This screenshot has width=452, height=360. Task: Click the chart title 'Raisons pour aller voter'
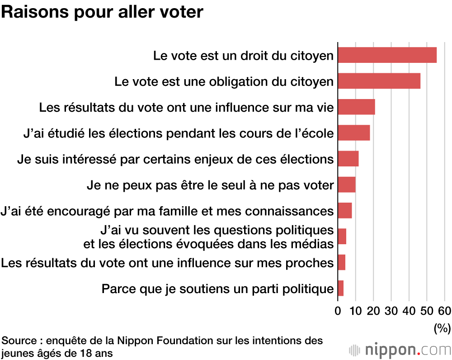coord(102,12)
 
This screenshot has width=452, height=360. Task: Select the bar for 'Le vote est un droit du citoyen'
coord(387,55)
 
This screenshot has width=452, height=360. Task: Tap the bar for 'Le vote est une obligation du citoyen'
coord(379,81)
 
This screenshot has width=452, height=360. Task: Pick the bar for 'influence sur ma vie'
coord(356,107)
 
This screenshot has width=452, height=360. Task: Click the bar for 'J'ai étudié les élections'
coord(353,133)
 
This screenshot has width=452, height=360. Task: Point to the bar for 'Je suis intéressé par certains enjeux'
coord(348,159)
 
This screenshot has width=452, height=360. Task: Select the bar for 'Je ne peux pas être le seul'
coord(346,185)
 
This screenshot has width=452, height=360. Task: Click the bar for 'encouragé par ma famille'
coord(344,211)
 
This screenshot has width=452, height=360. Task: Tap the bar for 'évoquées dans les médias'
coord(342,237)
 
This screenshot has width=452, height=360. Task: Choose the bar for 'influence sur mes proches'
coord(341,262)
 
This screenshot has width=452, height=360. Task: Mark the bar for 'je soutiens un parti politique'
coord(340,289)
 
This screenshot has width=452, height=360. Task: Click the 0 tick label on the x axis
coord(338,311)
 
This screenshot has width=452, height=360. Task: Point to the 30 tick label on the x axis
coord(391,311)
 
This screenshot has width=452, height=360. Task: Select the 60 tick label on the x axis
coord(444,311)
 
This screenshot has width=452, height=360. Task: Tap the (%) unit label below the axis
coord(442,328)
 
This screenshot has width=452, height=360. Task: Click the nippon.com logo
coord(400,350)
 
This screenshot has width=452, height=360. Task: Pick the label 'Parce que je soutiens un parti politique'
coord(217,289)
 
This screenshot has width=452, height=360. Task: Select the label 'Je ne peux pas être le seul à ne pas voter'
coord(210,185)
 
